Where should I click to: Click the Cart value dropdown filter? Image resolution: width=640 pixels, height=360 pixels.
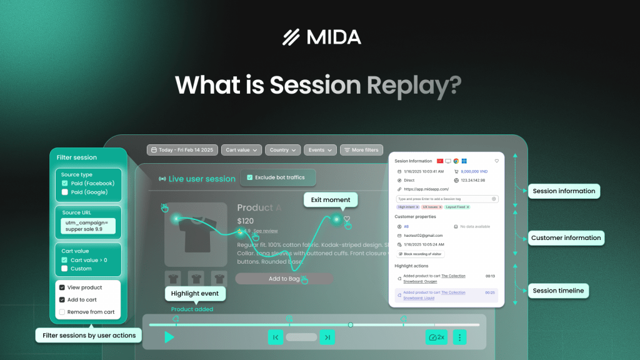tap(241, 150)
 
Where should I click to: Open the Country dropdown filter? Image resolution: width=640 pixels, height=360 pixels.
tap(283, 150)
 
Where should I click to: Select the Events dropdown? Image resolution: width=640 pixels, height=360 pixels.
tap(320, 150)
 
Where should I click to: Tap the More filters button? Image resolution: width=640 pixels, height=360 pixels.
tap(361, 150)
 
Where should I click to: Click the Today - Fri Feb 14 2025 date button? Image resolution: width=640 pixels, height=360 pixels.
tap(182, 150)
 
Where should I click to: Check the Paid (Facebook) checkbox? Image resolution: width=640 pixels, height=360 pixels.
tap(65, 183)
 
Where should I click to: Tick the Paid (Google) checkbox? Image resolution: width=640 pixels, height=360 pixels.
tap(65, 192)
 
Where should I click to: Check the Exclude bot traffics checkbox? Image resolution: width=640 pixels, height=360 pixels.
tap(251, 177)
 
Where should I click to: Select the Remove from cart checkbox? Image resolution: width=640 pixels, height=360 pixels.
tap(62, 312)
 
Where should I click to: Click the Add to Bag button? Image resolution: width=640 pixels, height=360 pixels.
tap(284, 279)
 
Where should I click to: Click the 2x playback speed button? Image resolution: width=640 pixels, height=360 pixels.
tap(436, 337)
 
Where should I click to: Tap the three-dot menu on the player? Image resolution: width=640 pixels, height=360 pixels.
tap(460, 337)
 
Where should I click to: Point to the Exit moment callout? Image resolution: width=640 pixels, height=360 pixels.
tap(331, 200)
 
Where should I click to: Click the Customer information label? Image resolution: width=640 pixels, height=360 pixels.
tap(566, 237)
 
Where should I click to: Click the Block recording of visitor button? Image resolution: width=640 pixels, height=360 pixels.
tap(421, 254)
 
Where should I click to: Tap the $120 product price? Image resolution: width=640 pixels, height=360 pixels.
tap(245, 221)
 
